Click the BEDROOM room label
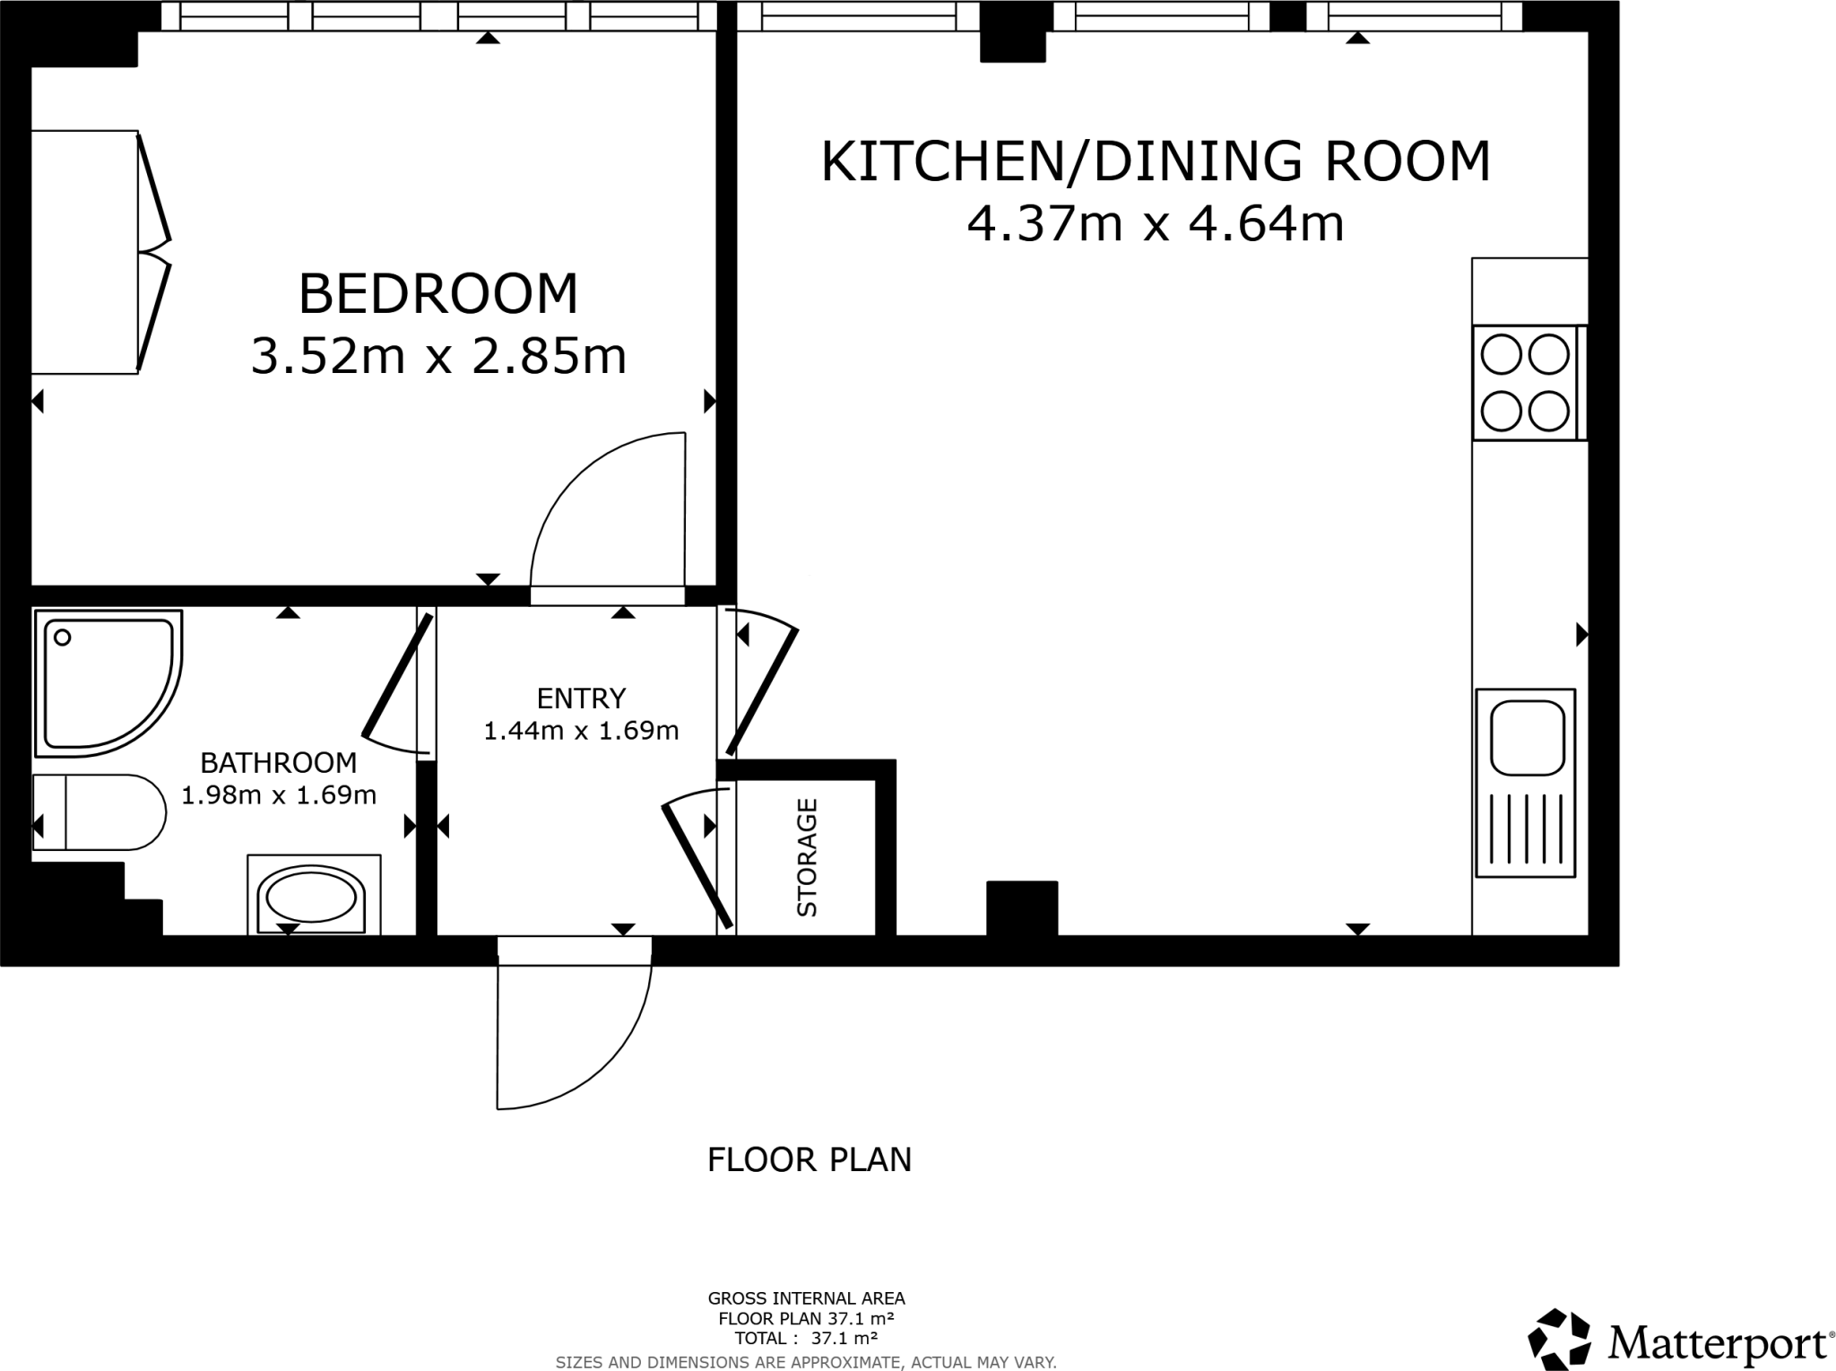click(x=438, y=294)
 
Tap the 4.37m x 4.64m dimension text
click(x=1155, y=224)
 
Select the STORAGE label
click(x=807, y=857)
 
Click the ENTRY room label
click(x=581, y=698)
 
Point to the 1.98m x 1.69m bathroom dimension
click(x=279, y=794)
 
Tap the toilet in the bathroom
click(x=99, y=812)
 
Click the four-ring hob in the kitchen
click(x=1524, y=383)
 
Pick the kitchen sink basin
click(x=1527, y=738)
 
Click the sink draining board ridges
click(x=1527, y=829)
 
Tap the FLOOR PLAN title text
click(x=809, y=1160)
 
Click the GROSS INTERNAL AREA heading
click(x=806, y=1298)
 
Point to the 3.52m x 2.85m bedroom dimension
click(x=438, y=356)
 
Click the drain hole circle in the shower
click(x=63, y=638)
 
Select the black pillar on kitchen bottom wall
click(x=1022, y=907)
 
